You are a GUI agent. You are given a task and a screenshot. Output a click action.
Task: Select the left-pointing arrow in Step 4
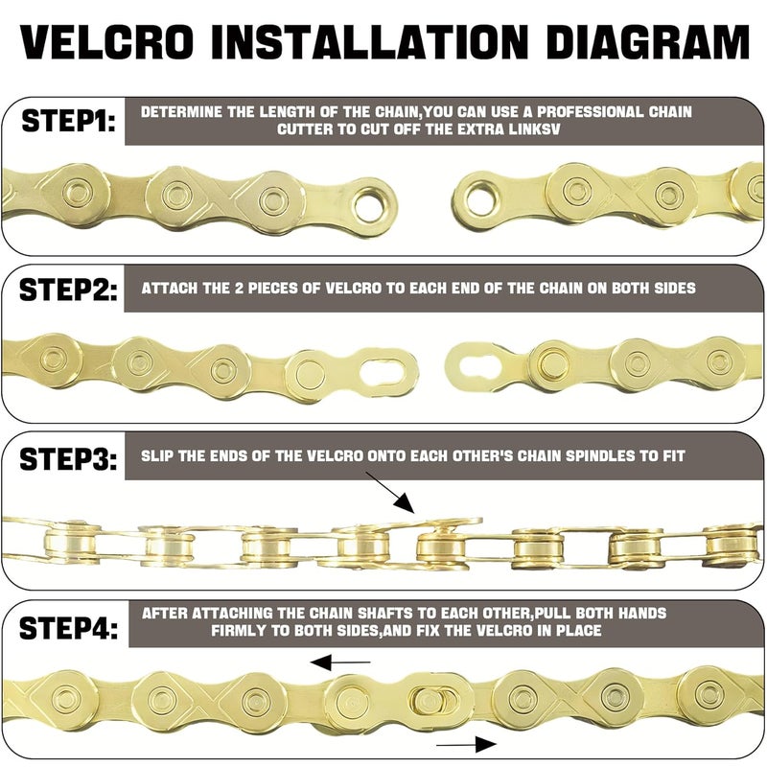[340, 662]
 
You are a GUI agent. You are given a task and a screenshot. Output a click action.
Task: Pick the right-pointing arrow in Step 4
[466, 743]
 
